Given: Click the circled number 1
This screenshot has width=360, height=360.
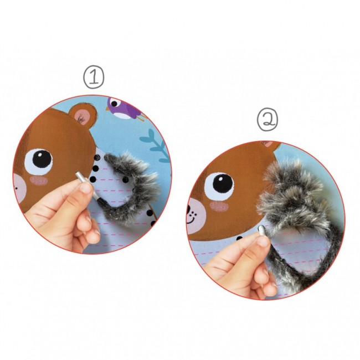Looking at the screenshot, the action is tap(94, 78).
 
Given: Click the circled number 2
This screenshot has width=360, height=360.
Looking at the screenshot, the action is tap(268, 120).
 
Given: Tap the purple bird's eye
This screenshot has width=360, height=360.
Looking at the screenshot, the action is tap(114, 104).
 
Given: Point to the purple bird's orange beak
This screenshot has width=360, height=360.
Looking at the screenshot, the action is tap(107, 107).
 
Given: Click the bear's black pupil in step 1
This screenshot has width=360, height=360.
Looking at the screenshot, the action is tap(42, 159).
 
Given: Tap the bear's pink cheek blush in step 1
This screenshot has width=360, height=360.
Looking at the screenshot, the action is tap(39, 181).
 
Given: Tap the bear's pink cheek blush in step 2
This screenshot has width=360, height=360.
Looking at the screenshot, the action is tap(219, 207).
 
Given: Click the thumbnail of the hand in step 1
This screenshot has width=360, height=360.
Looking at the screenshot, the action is tap(85, 188).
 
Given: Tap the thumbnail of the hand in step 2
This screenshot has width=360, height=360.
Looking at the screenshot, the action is tap(263, 241).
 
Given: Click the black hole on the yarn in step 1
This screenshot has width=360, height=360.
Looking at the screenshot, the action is tap(126, 179).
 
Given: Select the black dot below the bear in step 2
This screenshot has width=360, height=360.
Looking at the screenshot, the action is tap(239, 238).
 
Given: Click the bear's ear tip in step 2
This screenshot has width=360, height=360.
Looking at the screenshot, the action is tap(269, 144).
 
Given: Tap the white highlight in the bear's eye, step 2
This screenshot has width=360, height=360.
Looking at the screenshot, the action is tap(220, 179).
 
